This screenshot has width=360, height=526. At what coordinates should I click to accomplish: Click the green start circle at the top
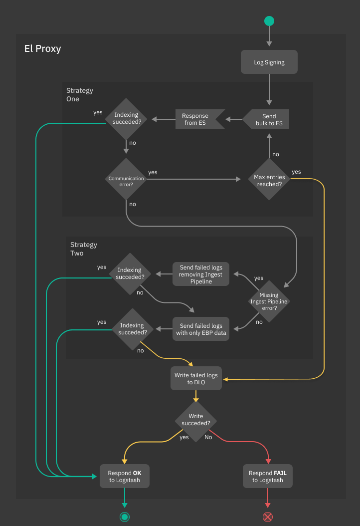(269, 21)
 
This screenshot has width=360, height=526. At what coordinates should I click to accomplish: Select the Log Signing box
(269, 62)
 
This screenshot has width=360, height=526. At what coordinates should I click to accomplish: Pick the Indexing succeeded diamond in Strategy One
(126, 119)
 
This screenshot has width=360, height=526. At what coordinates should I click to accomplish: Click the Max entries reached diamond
(269, 180)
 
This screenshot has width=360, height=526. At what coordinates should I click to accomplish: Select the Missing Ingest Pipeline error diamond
(269, 301)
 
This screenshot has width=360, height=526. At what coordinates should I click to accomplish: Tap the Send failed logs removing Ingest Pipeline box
(201, 274)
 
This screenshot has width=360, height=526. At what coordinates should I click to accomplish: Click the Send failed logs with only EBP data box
(201, 329)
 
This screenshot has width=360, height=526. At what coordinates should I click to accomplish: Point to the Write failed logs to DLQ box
(196, 379)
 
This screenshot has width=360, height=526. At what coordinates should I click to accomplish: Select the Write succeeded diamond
(196, 420)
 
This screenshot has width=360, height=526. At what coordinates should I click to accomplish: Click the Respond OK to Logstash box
(125, 477)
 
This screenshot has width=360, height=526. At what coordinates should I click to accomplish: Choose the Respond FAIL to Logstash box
(268, 477)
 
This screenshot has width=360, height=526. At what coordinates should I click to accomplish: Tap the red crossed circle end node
(268, 517)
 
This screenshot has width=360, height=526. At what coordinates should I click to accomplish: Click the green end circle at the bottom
(125, 517)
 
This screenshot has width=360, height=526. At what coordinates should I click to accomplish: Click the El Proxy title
(43, 49)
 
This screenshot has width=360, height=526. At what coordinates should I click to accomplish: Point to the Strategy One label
(80, 95)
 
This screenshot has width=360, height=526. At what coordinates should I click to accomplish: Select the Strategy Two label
(84, 249)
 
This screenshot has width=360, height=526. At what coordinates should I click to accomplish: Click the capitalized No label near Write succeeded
(208, 437)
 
